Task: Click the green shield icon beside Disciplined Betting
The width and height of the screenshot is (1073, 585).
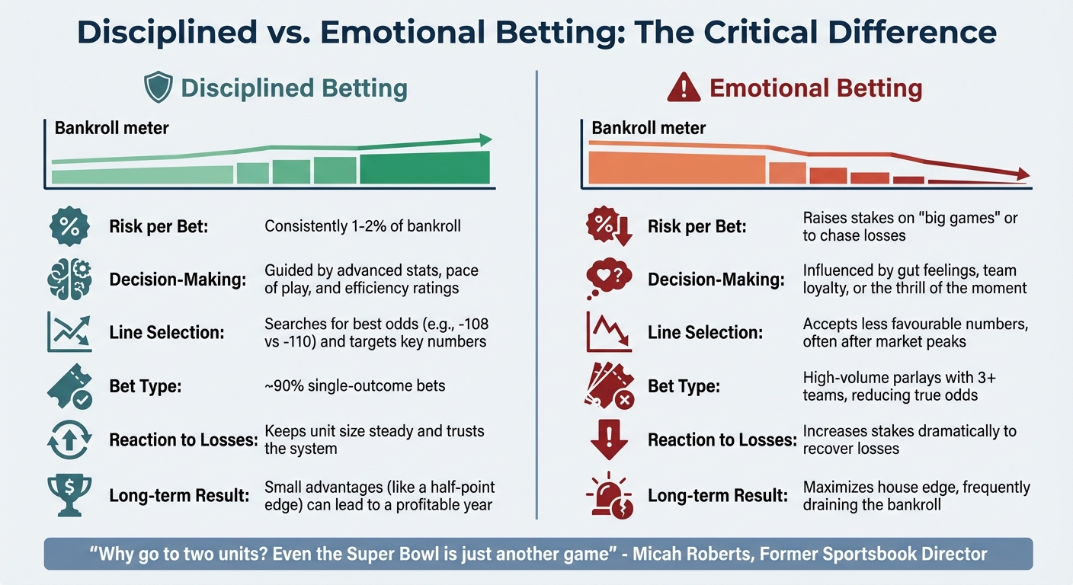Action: click(x=158, y=88)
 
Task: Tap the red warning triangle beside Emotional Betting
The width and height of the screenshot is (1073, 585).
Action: click(x=683, y=88)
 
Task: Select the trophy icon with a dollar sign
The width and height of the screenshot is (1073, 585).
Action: click(x=69, y=495)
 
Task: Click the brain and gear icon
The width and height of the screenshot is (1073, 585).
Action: click(x=69, y=280)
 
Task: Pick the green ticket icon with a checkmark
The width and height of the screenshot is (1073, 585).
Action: click(x=69, y=386)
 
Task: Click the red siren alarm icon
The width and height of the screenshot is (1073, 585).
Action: click(x=607, y=495)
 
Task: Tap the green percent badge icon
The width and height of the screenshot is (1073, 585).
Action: click(x=69, y=226)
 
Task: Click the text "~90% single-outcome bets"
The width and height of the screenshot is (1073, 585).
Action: click(x=354, y=386)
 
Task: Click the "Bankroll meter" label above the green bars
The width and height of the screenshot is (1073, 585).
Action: click(x=112, y=127)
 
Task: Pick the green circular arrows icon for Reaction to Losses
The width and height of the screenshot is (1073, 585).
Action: click(x=69, y=440)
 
